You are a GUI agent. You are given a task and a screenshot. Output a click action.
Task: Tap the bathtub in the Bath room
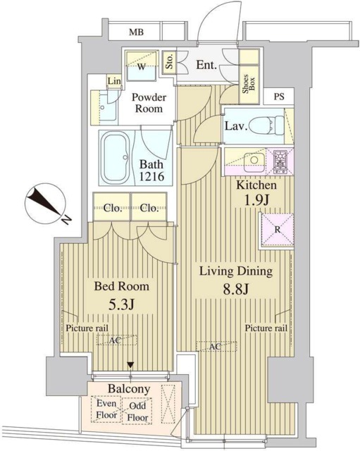tap(116, 157)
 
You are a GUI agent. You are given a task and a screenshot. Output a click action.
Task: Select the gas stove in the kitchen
tap(280, 162)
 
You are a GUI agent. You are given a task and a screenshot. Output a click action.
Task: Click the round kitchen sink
tap(254, 159)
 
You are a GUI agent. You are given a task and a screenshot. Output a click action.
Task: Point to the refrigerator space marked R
tap(278, 230)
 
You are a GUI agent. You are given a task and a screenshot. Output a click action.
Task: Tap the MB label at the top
tap(136, 32)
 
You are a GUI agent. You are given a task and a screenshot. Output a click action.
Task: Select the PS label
tap(278, 97)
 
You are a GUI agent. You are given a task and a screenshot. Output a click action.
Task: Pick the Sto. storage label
tap(169, 61)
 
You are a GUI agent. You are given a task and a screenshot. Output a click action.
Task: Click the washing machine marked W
tap(141, 66)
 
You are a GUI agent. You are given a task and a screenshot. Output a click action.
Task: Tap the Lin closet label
tap(114, 81)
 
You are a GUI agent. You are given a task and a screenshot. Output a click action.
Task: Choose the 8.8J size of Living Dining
tap(235, 290)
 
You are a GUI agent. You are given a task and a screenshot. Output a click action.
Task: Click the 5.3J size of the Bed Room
tap(121, 304)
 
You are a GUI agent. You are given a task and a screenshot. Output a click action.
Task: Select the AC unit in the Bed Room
tap(117, 340)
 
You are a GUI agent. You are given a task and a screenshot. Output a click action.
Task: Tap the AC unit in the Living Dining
tap(216, 346)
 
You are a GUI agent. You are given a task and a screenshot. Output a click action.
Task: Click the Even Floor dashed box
tap(106, 409)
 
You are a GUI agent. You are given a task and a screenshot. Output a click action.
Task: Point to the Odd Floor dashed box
tap(137, 412)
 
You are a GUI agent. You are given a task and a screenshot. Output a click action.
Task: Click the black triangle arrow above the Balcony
tap(130, 365)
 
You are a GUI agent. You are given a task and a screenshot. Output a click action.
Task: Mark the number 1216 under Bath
tap(151, 175)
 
